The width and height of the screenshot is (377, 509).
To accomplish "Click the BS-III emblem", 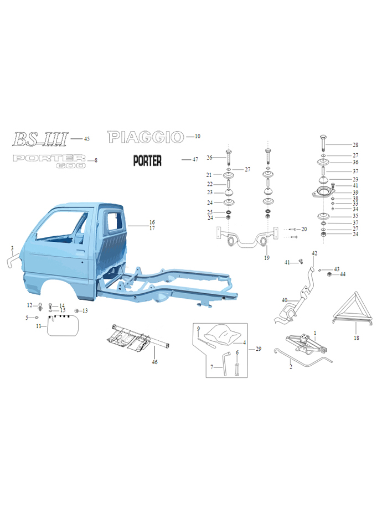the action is click(x=40, y=139).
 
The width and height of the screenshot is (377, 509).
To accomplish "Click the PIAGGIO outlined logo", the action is click(x=146, y=137).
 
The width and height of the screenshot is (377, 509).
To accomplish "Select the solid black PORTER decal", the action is click(x=147, y=160).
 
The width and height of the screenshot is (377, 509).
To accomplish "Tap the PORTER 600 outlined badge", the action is click(x=49, y=162).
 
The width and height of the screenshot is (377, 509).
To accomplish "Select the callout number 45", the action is click(x=87, y=139).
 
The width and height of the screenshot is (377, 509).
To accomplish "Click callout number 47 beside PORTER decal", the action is click(x=195, y=159).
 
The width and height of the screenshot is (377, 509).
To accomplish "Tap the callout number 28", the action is click(x=355, y=145).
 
